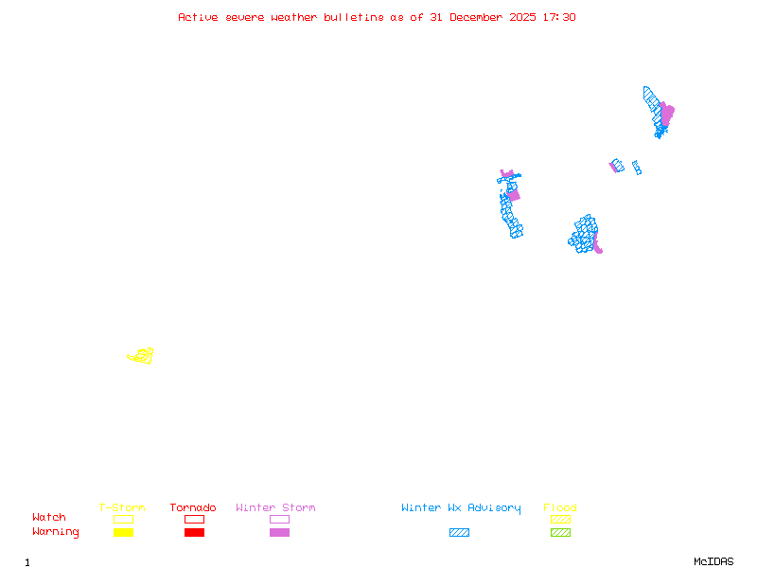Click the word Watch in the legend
pyautogui.click(x=49, y=518)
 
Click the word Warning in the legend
pyautogui.click(x=55, y=532)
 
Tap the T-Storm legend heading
pyautogui.click(x=122, y=508)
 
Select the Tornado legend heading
pyautogui.click(x=193, y=508)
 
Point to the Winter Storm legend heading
pyautogui.click(x=275, y=508)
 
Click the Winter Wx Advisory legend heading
pyautogui.click(x=461, y=508)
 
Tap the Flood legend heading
pyautogui.click(x=560, y=508)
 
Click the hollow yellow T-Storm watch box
pyautogui.click(x=123, y=519)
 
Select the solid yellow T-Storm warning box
pyautogui.click(x=123, y=533)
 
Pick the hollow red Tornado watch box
pyautogui.click(x=194, y=519)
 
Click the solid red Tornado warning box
pyautogui.click(x=194, y=533)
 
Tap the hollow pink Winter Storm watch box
pyautogui.click(x=279, y=519)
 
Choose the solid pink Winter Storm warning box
pyautogui.click(x=279, y=533)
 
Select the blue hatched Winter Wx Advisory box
pyautogui.click(x=459, y=533)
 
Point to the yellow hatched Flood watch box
pyautogui.click(x=560, y=519)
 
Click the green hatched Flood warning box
pyautogui.click(x=560, y=533)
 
